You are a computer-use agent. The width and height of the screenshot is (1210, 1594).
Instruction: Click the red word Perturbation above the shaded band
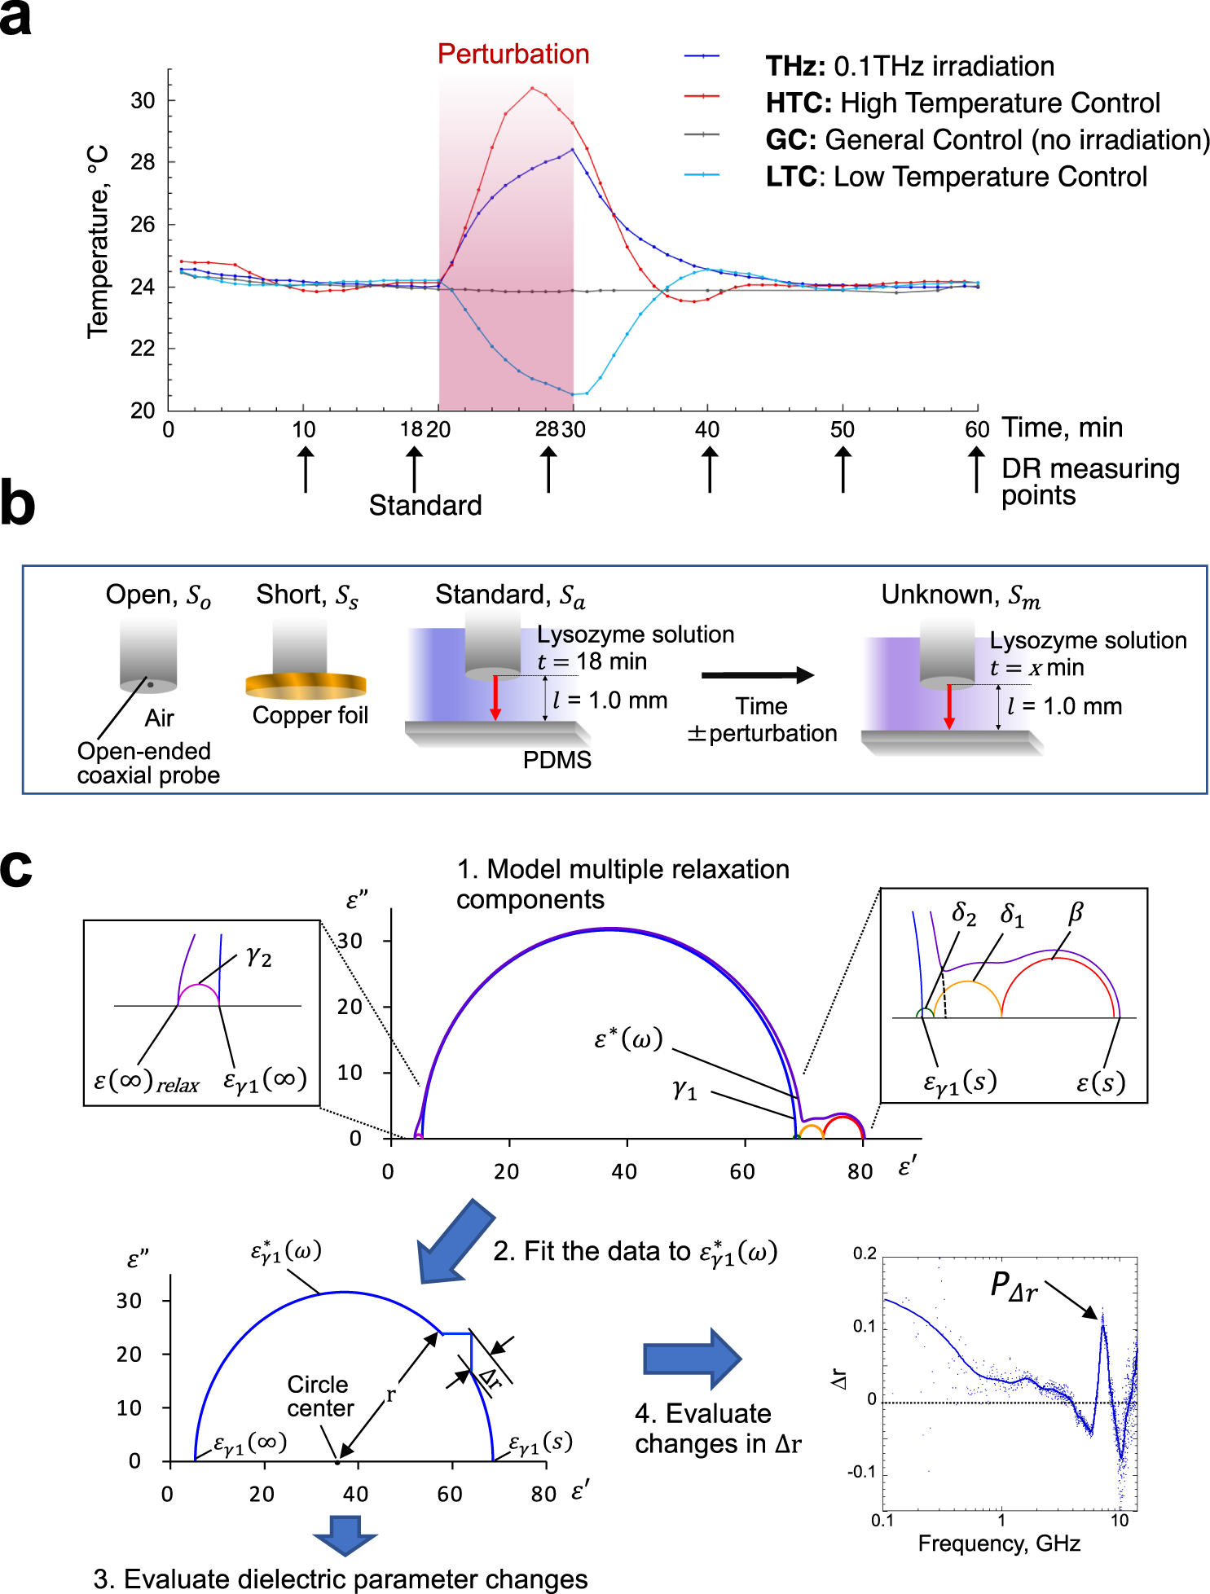[x=513, y=54]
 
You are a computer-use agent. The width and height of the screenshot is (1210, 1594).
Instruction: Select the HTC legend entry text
[x=962, y=103]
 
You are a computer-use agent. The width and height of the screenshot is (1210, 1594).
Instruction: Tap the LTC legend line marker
[x=702, y=174]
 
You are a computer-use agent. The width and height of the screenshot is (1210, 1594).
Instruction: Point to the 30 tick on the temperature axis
[x=143, y=101]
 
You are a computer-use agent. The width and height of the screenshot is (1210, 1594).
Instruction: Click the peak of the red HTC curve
[x=532, y=88]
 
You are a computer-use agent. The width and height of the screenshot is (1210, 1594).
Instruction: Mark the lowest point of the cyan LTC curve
[x=575, y=394]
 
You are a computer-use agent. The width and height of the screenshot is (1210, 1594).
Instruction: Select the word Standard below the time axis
[x=425, y=505]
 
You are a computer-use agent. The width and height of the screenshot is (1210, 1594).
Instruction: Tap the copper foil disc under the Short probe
[x=306, y=686]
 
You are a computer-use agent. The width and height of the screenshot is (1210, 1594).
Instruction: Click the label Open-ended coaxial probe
[x=148, y=762]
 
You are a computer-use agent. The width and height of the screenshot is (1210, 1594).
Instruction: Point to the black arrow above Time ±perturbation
[x=757, y=674]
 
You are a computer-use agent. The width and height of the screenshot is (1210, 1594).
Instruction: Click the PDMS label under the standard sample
[x=557, y=760]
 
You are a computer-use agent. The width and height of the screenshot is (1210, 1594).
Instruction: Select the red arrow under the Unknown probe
[x=948, y=706]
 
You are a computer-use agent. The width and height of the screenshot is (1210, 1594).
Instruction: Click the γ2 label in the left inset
[x=258, y=956]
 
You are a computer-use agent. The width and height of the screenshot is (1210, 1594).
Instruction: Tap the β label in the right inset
[x=1075, y=912]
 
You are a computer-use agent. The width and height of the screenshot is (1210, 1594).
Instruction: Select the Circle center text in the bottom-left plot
[x=320, y=1396]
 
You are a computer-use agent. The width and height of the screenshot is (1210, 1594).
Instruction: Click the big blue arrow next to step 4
[x=692, y=1359]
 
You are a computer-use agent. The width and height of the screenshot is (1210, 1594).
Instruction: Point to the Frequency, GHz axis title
[x=999, y=1544]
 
